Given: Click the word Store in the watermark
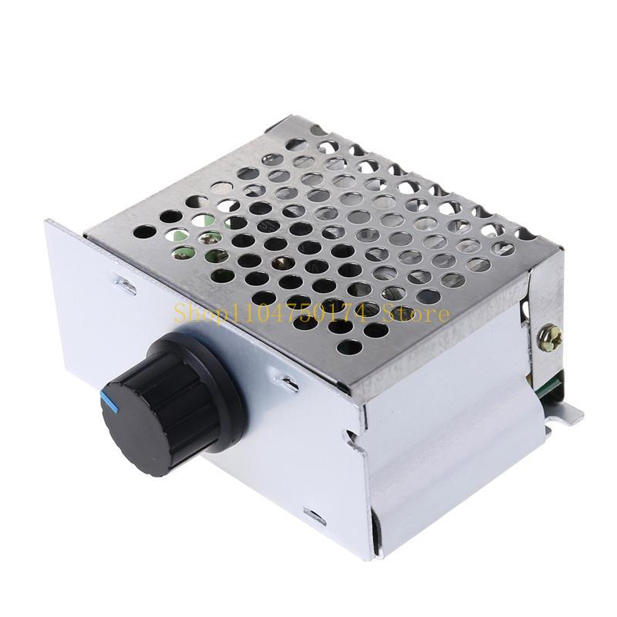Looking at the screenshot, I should (x=420, y=313).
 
